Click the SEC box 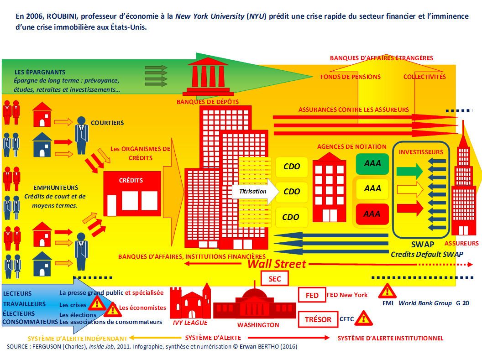click(274, 279)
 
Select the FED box click(312, 295)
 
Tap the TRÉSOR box click(318, 319)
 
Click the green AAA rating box click(372, 163)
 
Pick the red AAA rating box click(372, 214)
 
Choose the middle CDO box click(291, 192)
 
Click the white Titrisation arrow click(255, 191)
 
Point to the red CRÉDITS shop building click(132, 193)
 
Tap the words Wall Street click(277, 264)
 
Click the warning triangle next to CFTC click(364, 318)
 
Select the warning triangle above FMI click(387, 291)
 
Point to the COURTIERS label click(107, 123)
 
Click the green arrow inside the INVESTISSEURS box click(410, 171)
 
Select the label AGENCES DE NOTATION click(351, 147)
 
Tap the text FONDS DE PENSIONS click(351, 77)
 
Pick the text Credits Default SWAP click(427, 254)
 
